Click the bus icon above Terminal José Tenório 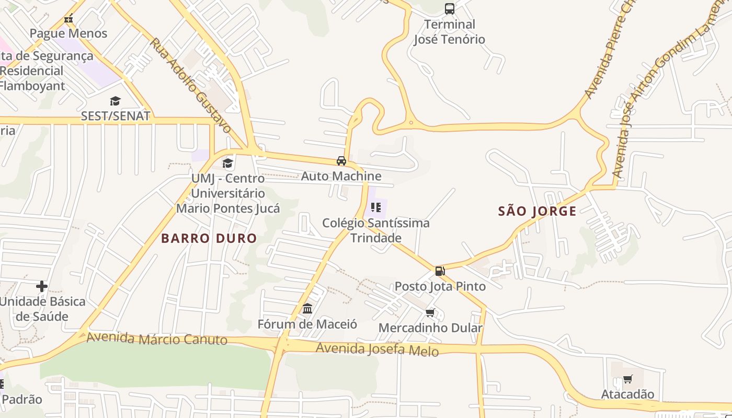(x=449, y=8)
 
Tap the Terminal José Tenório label (x=449, y=32)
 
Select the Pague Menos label (x=68, y=33)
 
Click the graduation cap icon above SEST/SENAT (x=115, y=101)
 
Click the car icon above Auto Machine (x=341, y=161)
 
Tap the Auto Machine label (x=341, y=176)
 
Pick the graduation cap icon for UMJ (x=227, y=164)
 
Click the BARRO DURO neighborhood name (x=209, y=239)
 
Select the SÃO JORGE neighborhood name (x=537, y=212)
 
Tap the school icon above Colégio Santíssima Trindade (x=375, y=207)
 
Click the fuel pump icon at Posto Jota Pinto (x=440, y=271)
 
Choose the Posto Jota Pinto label (x=440, y=286)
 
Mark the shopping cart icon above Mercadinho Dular (x=430, y=312)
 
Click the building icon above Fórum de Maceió (x=307, y=309)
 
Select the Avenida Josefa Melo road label (x=377, y=349)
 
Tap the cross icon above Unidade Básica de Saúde (x=42, y=286)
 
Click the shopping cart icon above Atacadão (x=627, y=379)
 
